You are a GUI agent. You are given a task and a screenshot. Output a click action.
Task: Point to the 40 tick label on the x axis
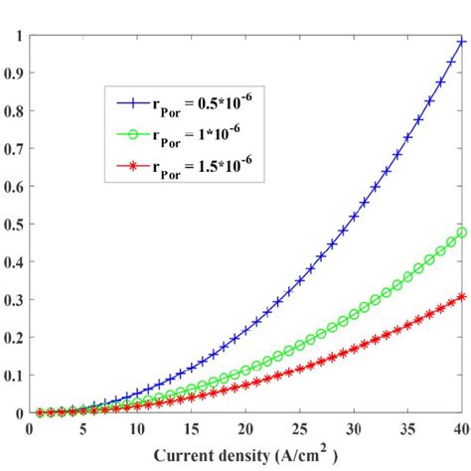coord(461,430)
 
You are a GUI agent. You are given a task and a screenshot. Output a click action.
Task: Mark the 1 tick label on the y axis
coord(13,37)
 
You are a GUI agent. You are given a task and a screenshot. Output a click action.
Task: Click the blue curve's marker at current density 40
coord(462,43)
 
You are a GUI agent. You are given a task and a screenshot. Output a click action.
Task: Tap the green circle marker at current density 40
coord(462,233)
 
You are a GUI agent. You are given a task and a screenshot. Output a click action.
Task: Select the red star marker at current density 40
coord(462,296)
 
